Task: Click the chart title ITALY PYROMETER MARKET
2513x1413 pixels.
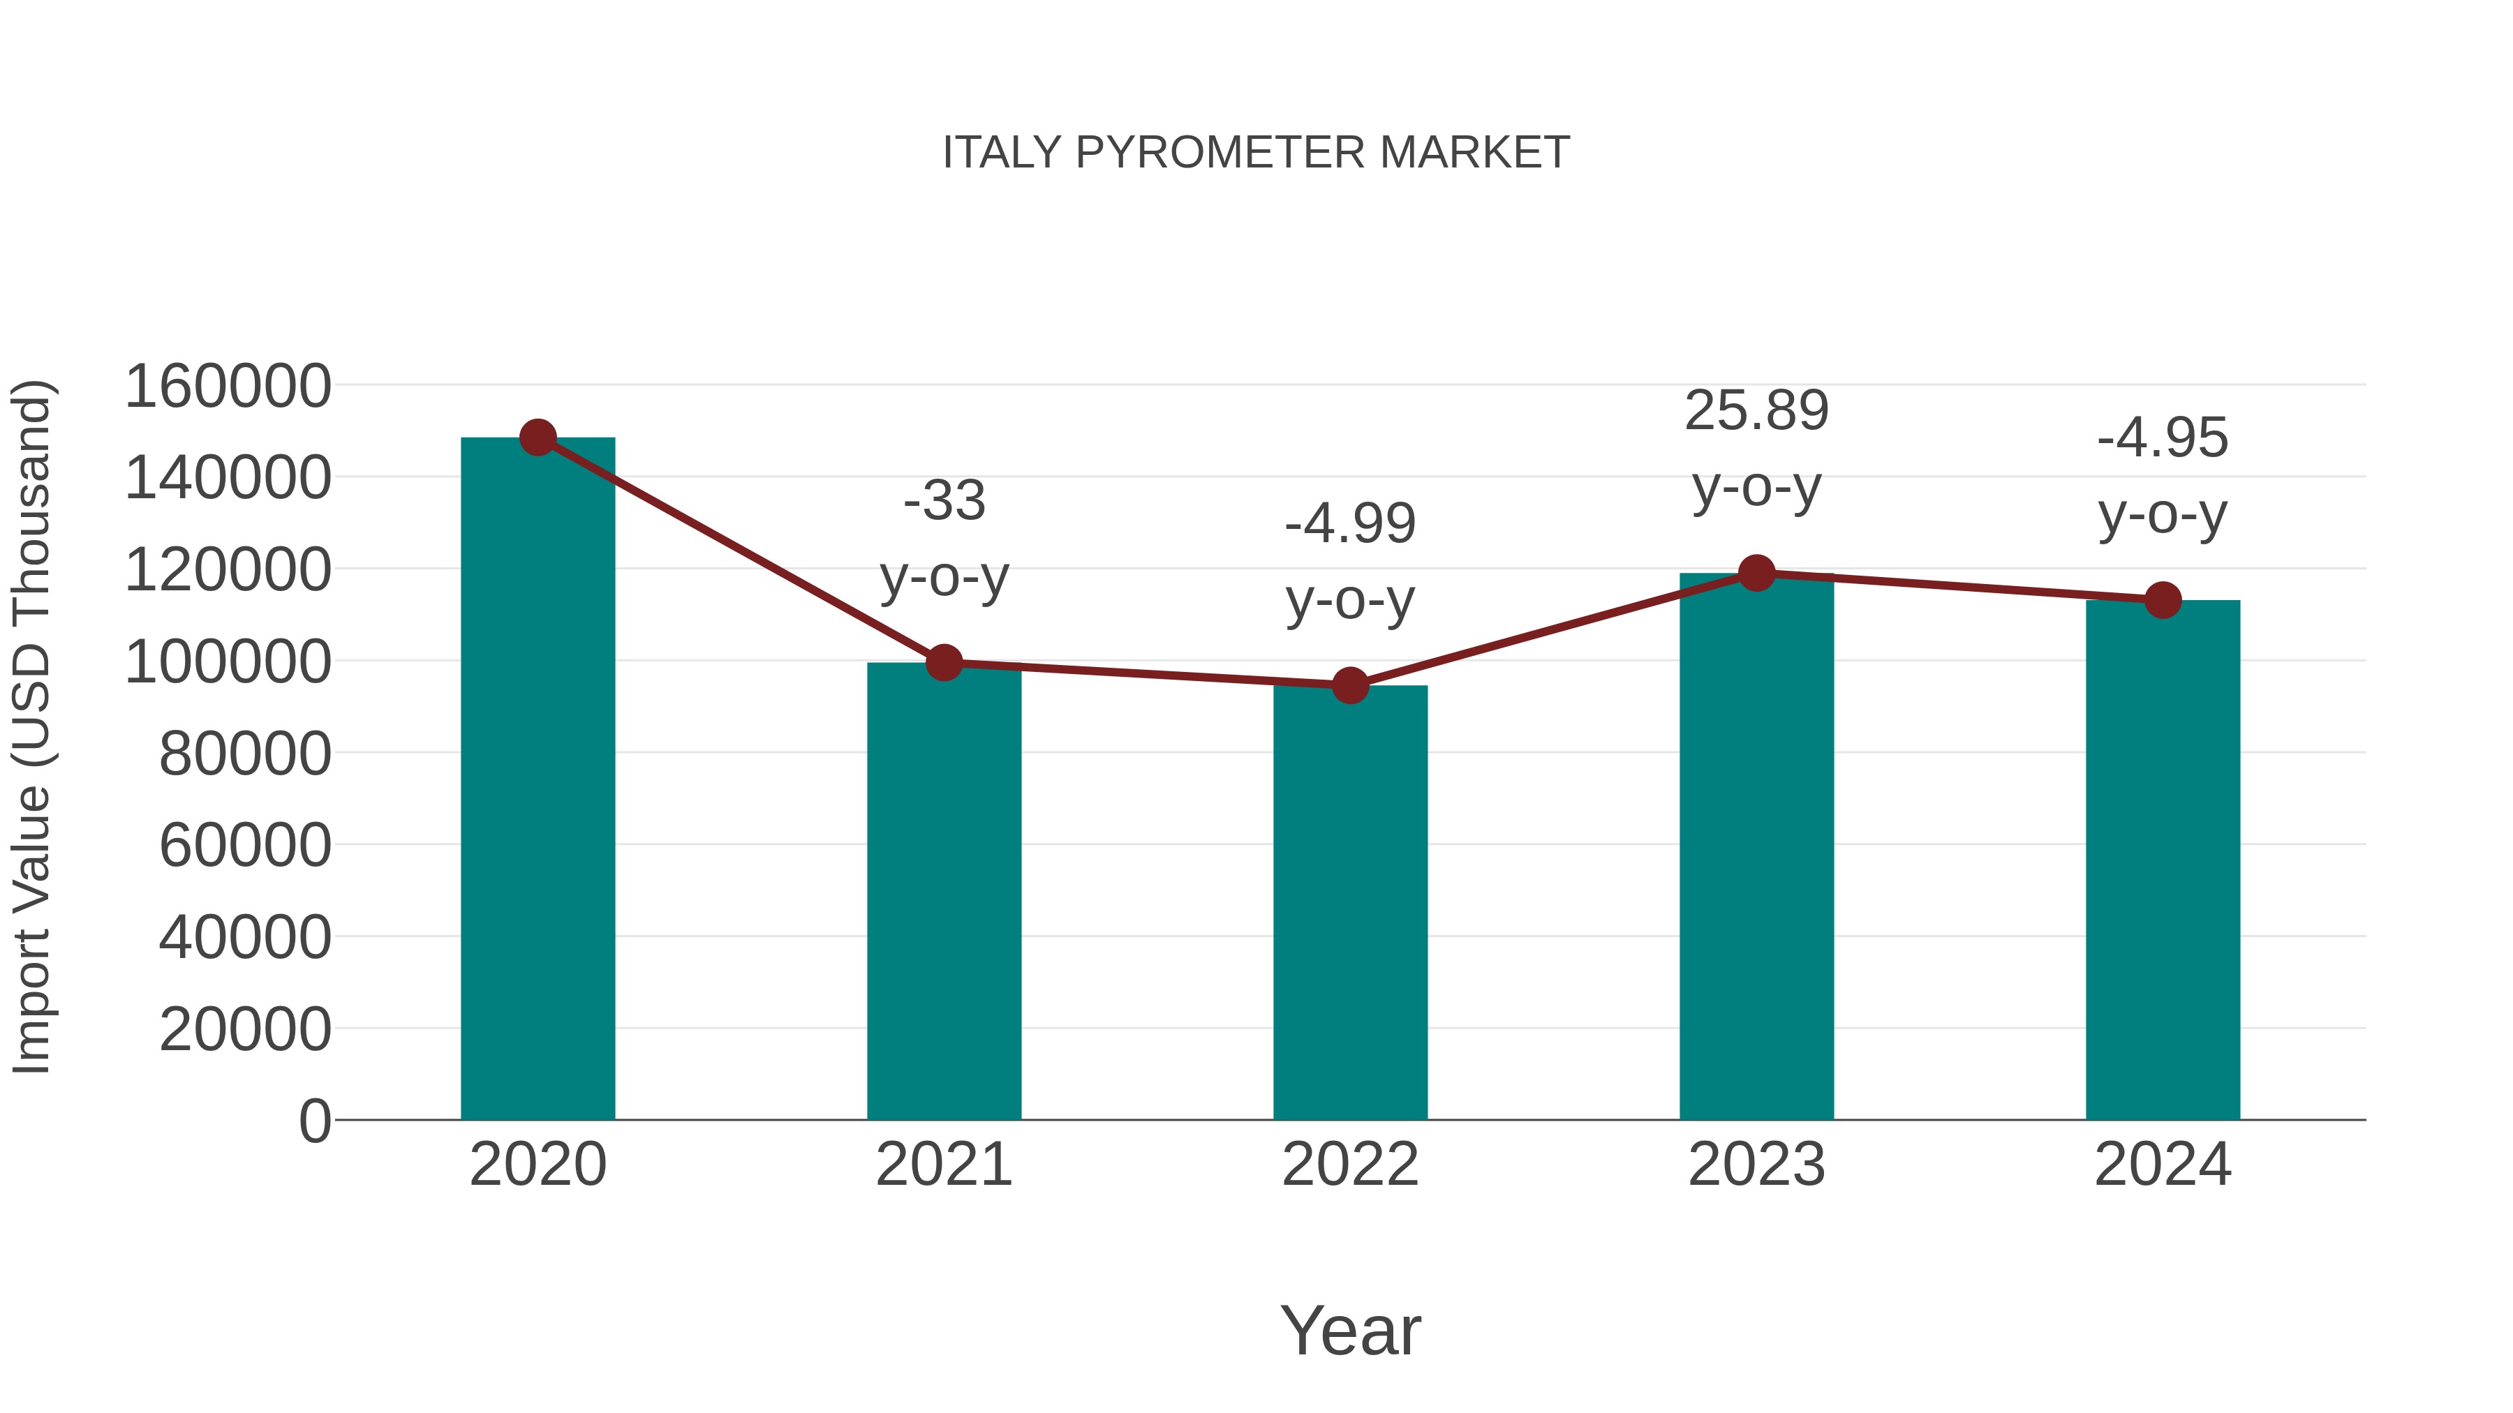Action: pyautogui.click(x=1256, y=153)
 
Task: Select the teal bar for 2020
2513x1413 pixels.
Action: pyautogui.click(x=538, y=780)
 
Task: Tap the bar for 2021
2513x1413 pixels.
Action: pyautogui.click(x=943, y=892)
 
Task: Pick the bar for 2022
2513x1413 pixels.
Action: pyautogui.click(x=1350, y=902)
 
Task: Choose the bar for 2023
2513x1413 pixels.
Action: pyautogui.click(x=1756, y=848)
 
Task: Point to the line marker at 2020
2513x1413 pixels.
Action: pyautogui.click(x=538, y=438)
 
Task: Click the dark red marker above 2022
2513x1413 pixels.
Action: pyautogui.click(x=1350, y=685)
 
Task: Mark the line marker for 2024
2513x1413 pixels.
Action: pyautogui.click(x=2163, y=599)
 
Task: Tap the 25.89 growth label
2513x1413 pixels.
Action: pyautogui.click(x=1756, y=410)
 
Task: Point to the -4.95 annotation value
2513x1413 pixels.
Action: pyautogui.click(x=2163, y=438)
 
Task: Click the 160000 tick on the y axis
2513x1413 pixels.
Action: pyautogui.click(x=228, y=386)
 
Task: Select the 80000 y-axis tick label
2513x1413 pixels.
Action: pyautogui.click(x=245, y=754)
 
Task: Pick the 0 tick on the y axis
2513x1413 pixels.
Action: pyautogui.click(x=314, y=1121)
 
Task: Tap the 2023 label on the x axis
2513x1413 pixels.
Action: pyautogui.click(x=1756, y=1165)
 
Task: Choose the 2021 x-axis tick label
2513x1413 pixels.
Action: pyautogui.click(x=943, y=1165)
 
